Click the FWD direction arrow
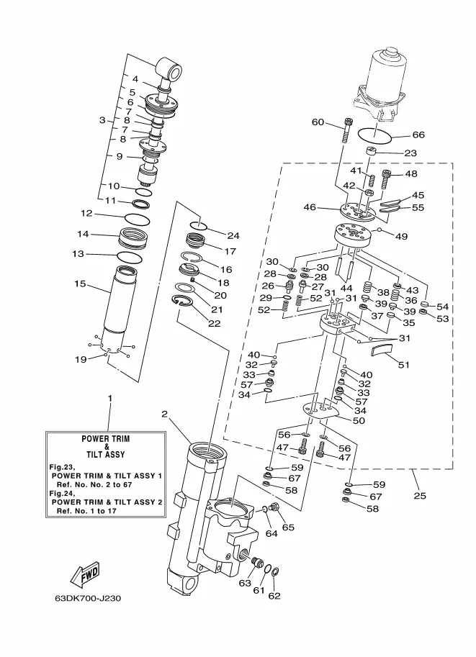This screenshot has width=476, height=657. pyautogui.click(x=85, y=574)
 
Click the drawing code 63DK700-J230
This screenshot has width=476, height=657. pyautogui.click(x=88, y=598)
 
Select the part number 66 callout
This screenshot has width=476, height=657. pyautogui.click(x=418, y=135)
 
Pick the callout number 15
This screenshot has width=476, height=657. pyautogui.click(x=80, y=284)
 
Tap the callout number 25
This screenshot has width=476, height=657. pyautogui.click(x=420, y=496)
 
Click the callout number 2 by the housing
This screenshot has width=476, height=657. pyautogui.click(x=164, y=414)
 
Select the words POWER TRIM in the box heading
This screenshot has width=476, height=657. pyautogui.click(x=106, y=439)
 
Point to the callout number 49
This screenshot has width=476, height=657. pyautogui.click(x=401, y=236)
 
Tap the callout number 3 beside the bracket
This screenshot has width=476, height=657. pyautogui.click(x=102, y=120)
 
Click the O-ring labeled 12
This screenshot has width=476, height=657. pyautogui.click(x=137, y=219)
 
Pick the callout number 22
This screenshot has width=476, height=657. pyautogui.click(x=214, y=324)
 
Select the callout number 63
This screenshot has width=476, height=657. pyautogui.click(x=245, y=583)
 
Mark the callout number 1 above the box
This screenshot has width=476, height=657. pyautogui.click(x=110, y=399)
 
